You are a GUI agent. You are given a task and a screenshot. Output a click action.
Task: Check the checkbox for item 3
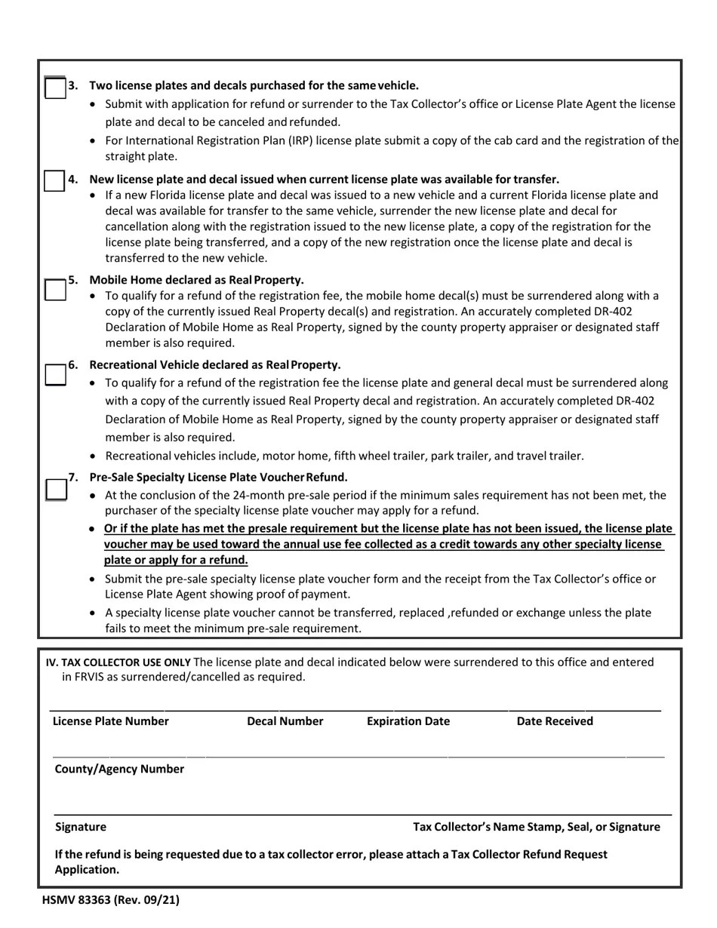pyautogui.click(x=55, y=88)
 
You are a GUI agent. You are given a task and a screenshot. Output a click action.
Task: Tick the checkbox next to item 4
pyautogui.click(x=54, y=182)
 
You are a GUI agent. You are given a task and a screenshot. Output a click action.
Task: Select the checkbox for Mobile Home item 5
pyautogui.click(x=55, y=290)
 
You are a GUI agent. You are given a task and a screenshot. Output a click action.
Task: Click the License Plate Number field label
pyautogui.click(x=111, y=721)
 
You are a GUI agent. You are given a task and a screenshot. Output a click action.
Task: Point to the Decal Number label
pyautogui.click(x=285, y=721)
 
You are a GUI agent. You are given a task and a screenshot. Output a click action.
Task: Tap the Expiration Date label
pyautogui.click(x=408, y=721)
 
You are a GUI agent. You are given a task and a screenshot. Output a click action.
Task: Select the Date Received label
pyautogui.click(x=555, y=721)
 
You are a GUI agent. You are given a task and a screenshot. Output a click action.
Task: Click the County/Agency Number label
pyautogui.click(x=119, y=769)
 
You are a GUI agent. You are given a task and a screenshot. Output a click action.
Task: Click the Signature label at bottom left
pyautogui.click(x=81, y=827)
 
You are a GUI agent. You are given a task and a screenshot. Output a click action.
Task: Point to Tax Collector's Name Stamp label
pyautogui.click(x=536, y=827)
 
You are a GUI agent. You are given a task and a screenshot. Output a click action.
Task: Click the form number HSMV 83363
pyautogui.click(x=110, y=899)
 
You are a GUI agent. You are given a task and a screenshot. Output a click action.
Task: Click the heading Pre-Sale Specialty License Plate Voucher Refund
pyautogui.click(x=218, y=478)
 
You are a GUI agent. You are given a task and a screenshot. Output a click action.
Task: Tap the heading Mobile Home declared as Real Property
pyautogui.click(x=196, y=280)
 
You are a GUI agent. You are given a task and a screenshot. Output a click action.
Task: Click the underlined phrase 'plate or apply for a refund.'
pyautogui.click(x=176, y=560)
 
